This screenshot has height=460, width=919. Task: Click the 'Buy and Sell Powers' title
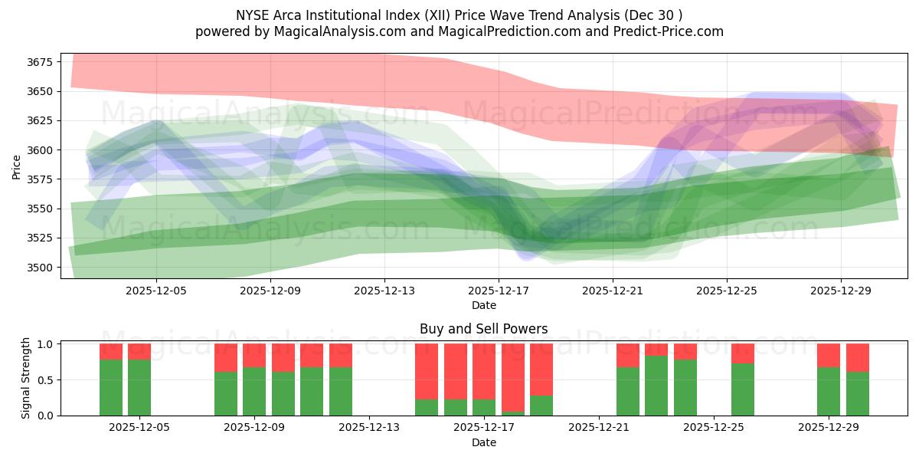(x=483, y=329)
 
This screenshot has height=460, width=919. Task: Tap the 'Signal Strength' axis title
(x=26, y=379)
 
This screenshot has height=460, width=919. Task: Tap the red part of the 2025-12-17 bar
(x=484, y=371)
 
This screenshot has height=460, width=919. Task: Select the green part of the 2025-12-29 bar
(x=829, y=392)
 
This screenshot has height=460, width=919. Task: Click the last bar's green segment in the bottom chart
(x=858, y=394)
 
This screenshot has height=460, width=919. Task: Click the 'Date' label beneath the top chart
(x=483, y=305)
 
